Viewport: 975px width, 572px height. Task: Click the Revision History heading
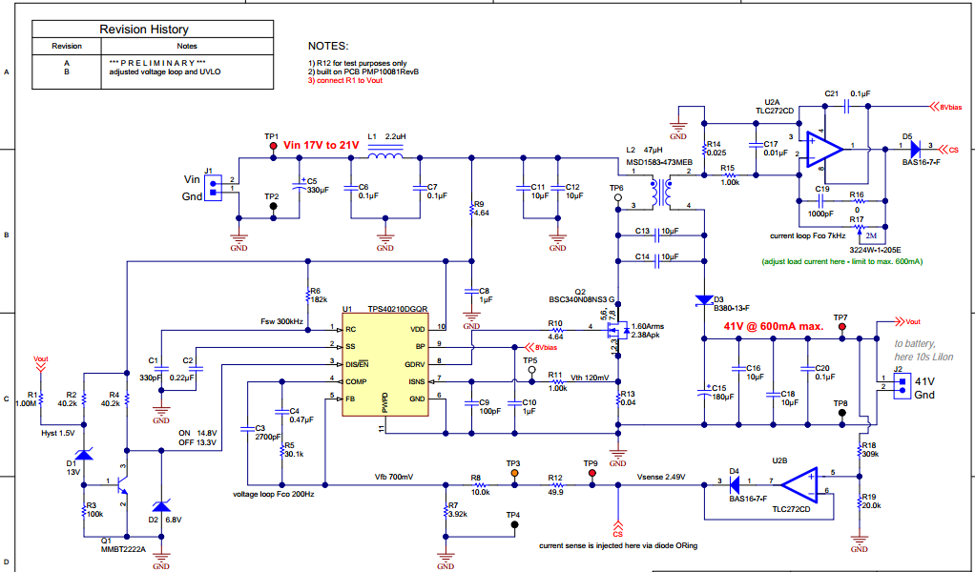point(144,30)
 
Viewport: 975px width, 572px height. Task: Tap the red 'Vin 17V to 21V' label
point(321,145)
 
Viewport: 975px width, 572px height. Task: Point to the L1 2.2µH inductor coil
point(385,156)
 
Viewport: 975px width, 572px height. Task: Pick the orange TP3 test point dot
point(513,472)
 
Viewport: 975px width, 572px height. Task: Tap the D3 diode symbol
point(703,298)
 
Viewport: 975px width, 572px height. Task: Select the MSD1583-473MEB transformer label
point(658,162)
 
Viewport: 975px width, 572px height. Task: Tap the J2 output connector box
point(899,386)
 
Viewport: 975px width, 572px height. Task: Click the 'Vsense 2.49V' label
point(660,477)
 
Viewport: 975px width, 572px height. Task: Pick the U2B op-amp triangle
point(799,482)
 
